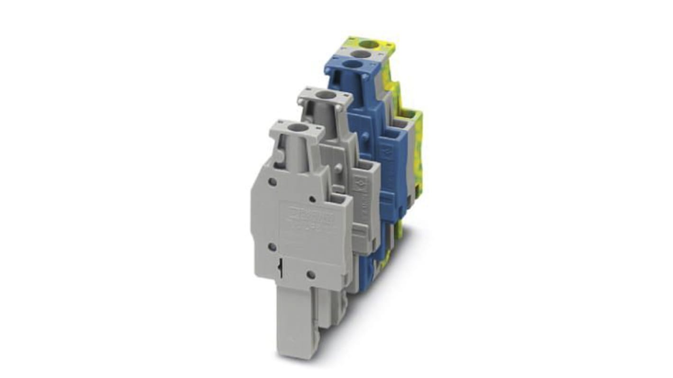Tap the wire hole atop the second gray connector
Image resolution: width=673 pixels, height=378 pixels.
(324, 95)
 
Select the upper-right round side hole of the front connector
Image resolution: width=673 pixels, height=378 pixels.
(312, 199)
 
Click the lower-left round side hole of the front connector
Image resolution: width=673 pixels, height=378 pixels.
(272, 246)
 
